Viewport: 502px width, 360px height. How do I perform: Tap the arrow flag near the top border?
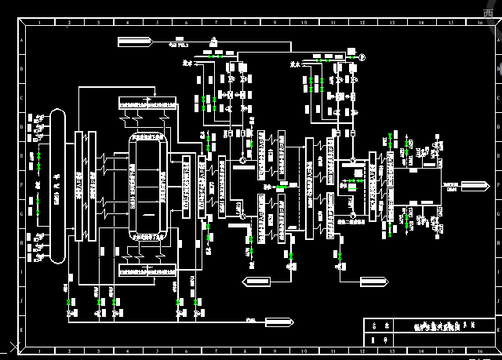136,39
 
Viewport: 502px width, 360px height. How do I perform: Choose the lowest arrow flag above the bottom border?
278,321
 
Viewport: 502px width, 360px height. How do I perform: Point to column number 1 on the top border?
42,22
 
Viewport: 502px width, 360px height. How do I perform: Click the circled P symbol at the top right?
362,56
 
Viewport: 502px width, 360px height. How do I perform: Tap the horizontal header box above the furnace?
144,104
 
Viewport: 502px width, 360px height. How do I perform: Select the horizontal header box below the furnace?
144,271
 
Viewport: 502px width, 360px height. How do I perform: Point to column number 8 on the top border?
245,22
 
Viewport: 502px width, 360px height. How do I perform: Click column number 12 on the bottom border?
362,351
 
